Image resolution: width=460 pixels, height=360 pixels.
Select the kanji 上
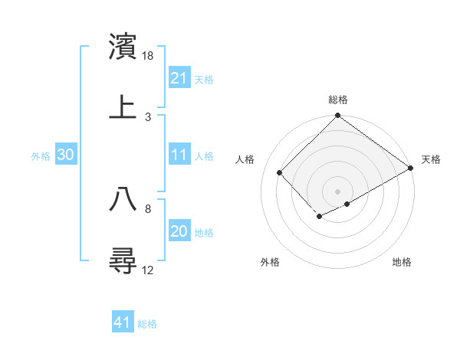(x=123, y=106)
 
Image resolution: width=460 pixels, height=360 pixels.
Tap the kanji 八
(x=123, y=199)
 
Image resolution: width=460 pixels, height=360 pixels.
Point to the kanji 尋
(x=123, y=260)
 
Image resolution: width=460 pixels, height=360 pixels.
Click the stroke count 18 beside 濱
(x=149, y=57)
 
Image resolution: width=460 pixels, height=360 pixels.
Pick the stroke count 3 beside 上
(x=148, y=116)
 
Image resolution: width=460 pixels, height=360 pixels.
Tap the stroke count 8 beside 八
(x=148, y=208)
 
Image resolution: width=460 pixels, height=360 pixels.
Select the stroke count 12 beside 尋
(x=149, y=270)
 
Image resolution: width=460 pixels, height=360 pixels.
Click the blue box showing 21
(x=179, y=78)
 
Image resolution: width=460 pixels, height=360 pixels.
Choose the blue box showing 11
(x=179, y=155)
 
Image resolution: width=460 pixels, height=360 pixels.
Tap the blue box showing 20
(x=179, y=231)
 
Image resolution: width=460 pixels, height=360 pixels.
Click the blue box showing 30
(x=65, y=155)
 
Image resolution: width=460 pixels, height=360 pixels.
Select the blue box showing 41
(x=123, y=322)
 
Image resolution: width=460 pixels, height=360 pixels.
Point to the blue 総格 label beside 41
(x=147, y=324)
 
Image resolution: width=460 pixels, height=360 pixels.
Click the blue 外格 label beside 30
(x=41, y=155)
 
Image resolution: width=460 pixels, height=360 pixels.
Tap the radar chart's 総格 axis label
(x=338, y=100)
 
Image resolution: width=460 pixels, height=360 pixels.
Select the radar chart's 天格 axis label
(x=431, y=159)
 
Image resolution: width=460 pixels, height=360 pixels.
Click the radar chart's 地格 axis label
(x=402, y=262)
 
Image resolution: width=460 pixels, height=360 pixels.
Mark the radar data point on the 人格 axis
(x=280, y=172)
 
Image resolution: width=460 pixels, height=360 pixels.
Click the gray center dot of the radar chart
(x=337, y=191)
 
